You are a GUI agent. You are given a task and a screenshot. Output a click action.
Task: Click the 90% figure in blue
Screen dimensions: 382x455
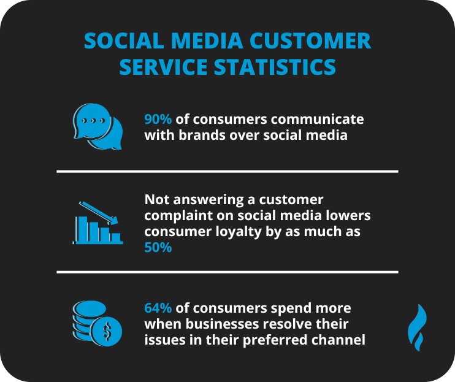click(x=158, y=119)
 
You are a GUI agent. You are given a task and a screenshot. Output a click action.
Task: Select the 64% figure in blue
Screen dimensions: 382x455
click(x=158, y=308)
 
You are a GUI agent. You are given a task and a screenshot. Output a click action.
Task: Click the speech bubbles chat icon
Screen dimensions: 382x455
click(x=97, y=126)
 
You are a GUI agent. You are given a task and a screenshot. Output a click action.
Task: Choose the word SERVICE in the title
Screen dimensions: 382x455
click(x=162, y=66)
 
